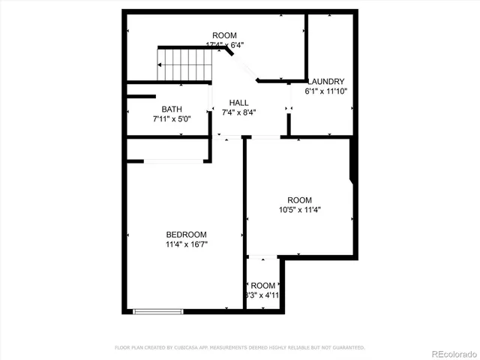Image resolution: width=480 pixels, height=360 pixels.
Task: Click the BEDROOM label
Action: click(x=186, y=235)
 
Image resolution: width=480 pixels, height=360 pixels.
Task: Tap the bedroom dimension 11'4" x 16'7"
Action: click(x=186, y=244)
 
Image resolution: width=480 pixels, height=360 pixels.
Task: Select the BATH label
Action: click(x=171, y=109)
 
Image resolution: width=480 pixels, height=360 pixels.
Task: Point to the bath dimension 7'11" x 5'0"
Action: click(x=171, y=118)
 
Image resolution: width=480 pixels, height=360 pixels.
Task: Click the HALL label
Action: click(x=239, y=103)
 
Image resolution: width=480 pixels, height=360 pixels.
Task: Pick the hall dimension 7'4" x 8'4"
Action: click(x=239, y=112)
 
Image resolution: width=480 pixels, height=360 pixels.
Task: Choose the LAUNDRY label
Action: click(x=326, y=82)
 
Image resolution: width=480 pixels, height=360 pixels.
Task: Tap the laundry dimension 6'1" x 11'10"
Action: click(x=326, y=91)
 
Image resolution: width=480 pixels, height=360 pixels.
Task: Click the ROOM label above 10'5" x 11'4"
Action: click(x=299, y=199)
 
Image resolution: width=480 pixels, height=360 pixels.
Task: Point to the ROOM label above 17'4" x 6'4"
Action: click(x=224, y=36)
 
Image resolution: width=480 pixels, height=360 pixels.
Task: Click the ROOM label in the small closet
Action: click(x=263, y=286)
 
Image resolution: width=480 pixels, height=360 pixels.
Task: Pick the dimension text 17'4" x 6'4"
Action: click(x=224, y=45)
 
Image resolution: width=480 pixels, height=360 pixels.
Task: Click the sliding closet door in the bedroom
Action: click(x=176, y=160)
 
